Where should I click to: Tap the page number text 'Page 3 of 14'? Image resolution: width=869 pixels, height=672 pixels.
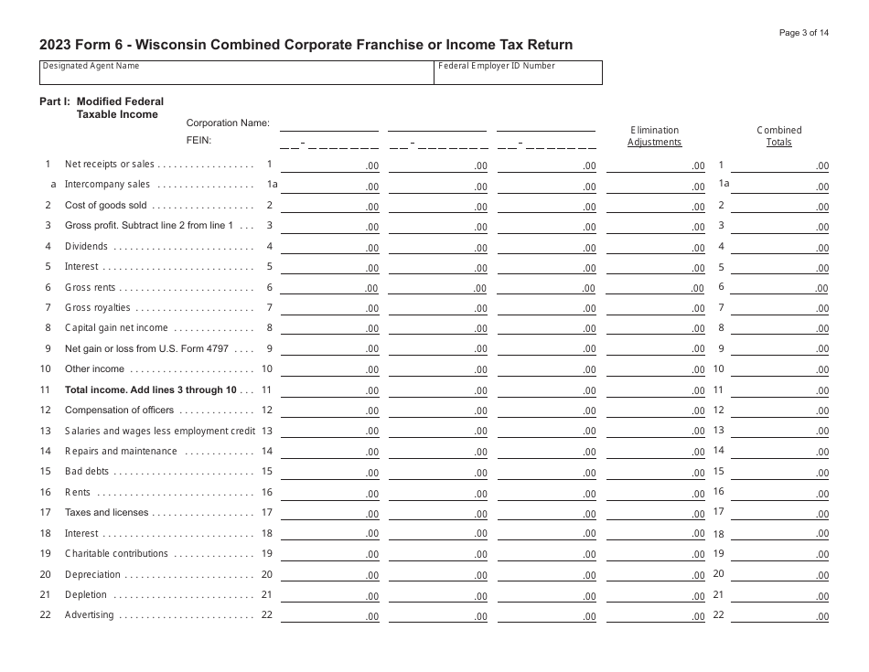tap(804, 33)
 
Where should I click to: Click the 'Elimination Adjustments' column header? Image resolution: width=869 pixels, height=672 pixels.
tap(655, 136)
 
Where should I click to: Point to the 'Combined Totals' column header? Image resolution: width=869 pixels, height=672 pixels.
tap(779, 136)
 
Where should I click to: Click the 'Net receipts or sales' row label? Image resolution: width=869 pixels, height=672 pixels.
tap(110, 165)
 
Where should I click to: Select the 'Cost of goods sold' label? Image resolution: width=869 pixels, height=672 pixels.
tap(105, 206)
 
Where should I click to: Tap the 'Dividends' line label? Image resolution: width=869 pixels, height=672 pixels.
tap(86, 247)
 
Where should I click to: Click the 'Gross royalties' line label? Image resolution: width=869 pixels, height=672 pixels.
tap(98, 308)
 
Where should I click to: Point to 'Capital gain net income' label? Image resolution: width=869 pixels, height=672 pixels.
tap(116, 328)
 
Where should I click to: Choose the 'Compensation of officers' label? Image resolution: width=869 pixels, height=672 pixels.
tap(119, 411)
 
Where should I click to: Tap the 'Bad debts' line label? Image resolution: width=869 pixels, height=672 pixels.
tap(86, 472)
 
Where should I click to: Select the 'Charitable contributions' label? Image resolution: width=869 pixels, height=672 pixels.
tap(116, 554)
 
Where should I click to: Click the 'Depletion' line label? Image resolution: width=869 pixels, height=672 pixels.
tap(86, 595)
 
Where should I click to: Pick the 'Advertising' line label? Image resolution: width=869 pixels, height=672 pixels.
tap(89, 615)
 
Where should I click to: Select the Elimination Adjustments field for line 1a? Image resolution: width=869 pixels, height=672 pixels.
tap(656, 185)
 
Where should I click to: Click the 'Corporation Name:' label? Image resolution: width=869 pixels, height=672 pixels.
tap(228, 123)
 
